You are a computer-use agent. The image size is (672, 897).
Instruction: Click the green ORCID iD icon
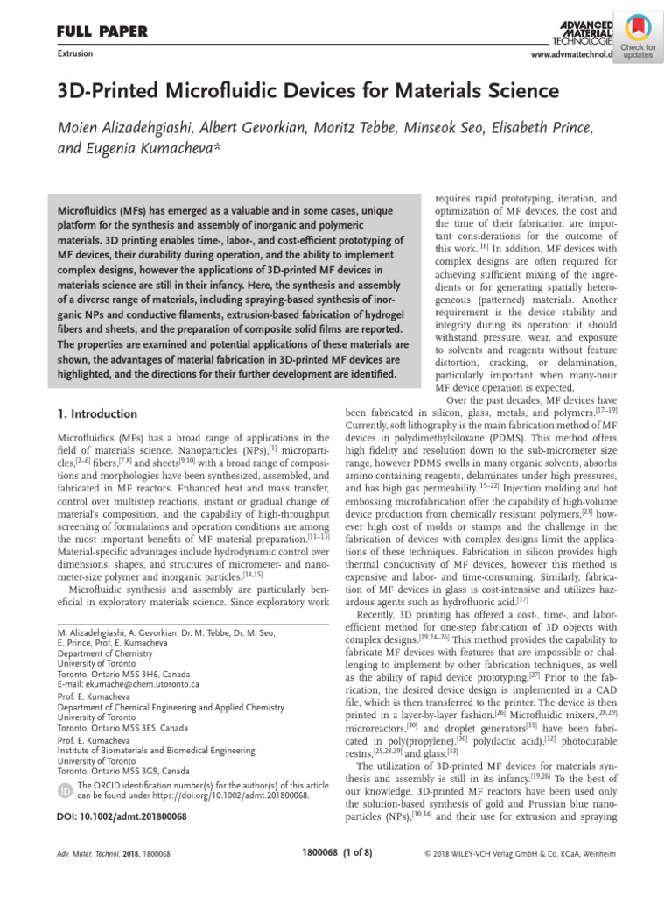click(x=65, y=791)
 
